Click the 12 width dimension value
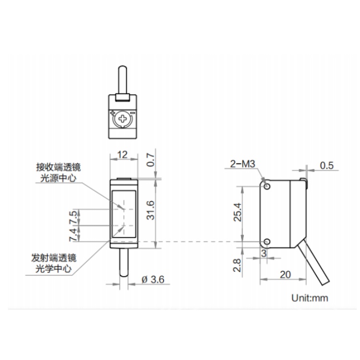pos(122,155)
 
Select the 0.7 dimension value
pos(151,160)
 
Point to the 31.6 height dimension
pos(151,210)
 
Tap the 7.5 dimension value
pos(73,217)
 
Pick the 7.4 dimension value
pos(73,234)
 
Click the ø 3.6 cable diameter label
pos(153,279)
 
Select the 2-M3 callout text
pos(243,164)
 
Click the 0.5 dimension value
pos(327,166)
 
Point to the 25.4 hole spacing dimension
pos(238,212)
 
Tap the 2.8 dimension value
pos(237,265)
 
